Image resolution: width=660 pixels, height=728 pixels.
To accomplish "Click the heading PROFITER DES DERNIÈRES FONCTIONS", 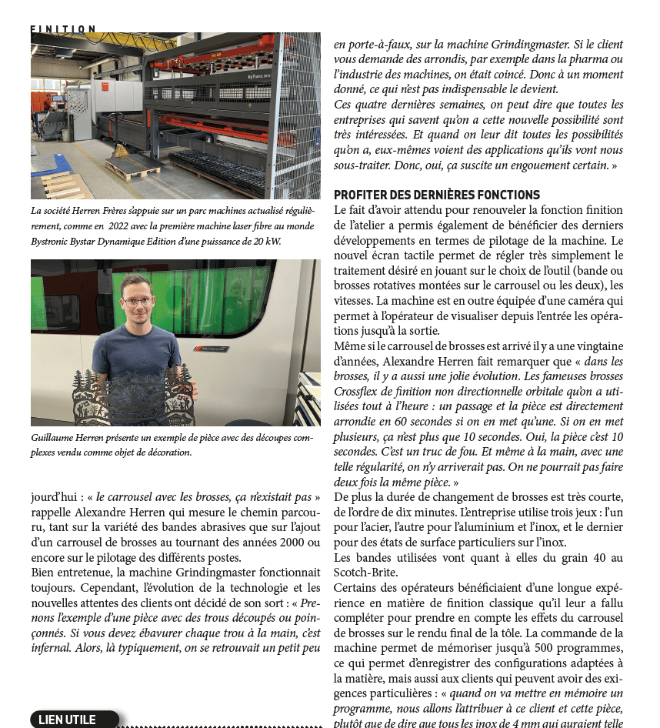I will (437, 195).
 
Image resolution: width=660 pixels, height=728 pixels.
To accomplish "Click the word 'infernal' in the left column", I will (52, 647).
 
